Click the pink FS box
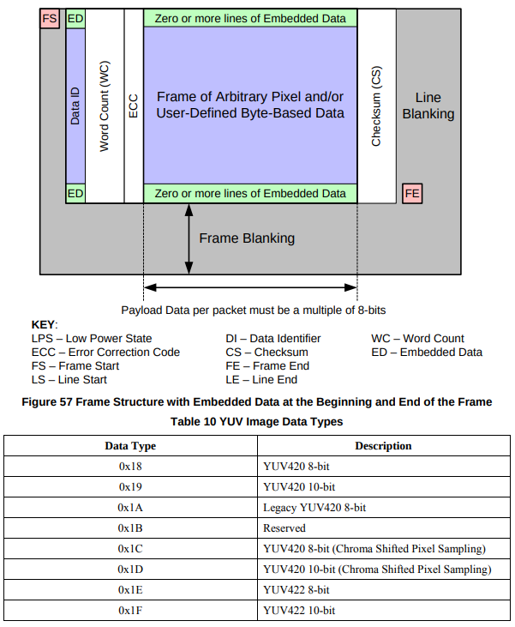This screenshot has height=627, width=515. [x=51, y=18]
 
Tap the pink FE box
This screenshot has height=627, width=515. [x=412, y=193]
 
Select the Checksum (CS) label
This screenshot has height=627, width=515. [x=376, y=106]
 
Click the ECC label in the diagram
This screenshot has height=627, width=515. [x=133, y=106]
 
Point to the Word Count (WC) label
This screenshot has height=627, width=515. [x=105, y=106]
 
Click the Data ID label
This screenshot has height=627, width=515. [x=75, y=106]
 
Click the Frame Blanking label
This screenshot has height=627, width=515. [x=247, y=238]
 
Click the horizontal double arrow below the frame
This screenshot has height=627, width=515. [x=250, y=287]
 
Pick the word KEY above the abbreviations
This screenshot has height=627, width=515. [x=43, y=325]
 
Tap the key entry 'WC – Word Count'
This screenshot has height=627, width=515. [x=417, y=338]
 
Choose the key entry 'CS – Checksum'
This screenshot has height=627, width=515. [x=266, y=352]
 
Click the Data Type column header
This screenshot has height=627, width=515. [x=130, y=446]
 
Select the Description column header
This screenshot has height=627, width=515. [x=383, y=446]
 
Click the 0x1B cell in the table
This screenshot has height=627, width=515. [x=130, y=528]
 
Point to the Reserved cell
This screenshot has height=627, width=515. [x=284, y=528]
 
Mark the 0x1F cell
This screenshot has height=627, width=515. [x=130, y=611]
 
